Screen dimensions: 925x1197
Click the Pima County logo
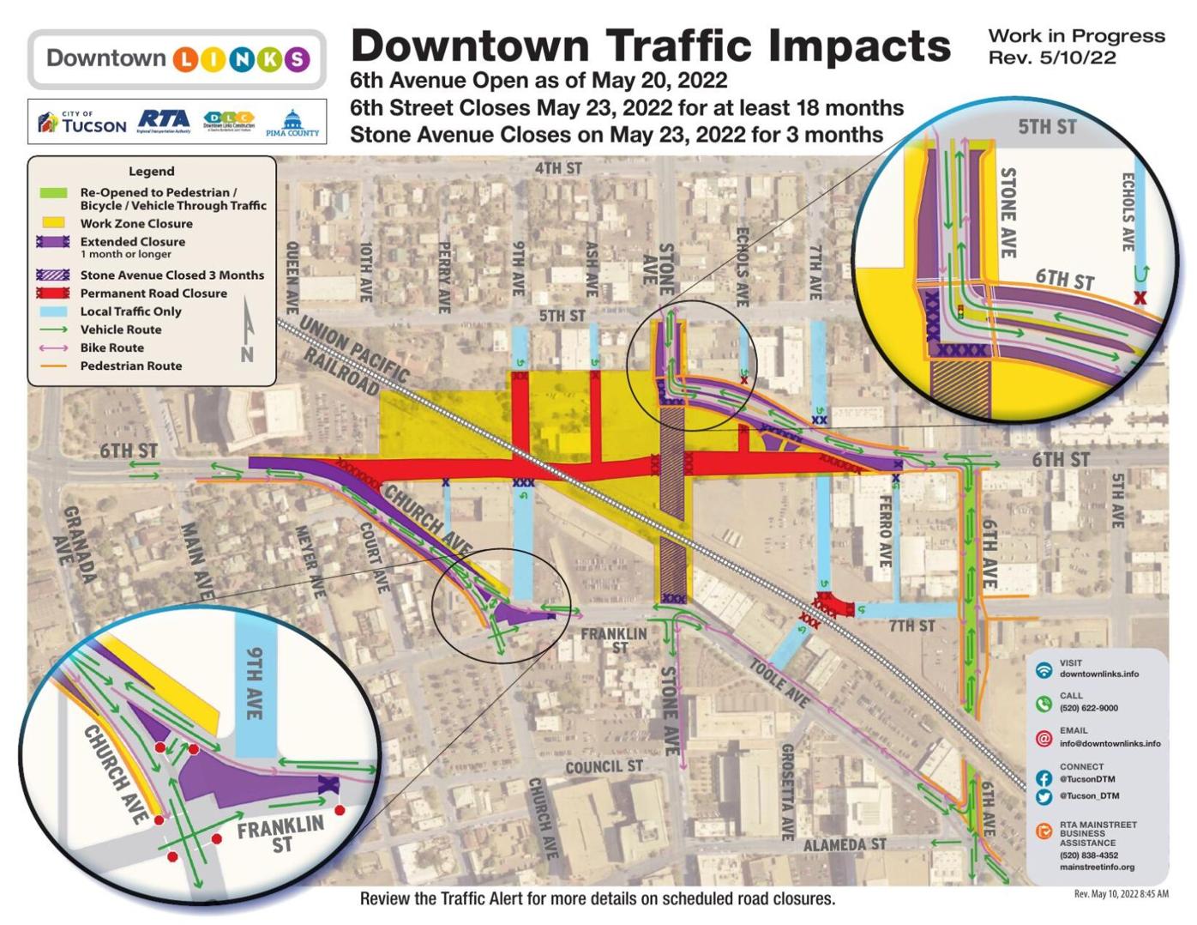pyautogui.click(x=292, y=124)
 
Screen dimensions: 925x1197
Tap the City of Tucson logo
pyautogui.click(x=82, y=123)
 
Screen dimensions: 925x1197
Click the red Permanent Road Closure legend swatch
pyautogui.click(x=52, y=293)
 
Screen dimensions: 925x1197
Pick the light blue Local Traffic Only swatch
pyautogui.click(x=52, y=311)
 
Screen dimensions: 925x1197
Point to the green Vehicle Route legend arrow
pyautogui.click(x=52, y=329)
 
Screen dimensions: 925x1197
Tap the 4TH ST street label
pyautogui.click(x=558, y=168)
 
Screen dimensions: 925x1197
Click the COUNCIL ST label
pyautogui.click(x=604, y=766)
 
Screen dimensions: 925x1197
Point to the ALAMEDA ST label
pyautogui.click(x=844, y=845)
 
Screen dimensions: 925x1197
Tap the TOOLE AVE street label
pyautogui.click(x=779, y=682)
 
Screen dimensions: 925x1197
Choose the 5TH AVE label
pyautogui.click(x=1116, y=499)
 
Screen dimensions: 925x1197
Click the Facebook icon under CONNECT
pyautogui.click(x=1044, y=778)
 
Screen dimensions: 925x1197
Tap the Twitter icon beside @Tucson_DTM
pyautogui.click(x=1044, y=796)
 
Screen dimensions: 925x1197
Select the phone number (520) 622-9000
pyautogui.click(x=1088, y=709)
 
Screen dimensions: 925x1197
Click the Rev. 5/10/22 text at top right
pyautogui.click(x=1051, y=57)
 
